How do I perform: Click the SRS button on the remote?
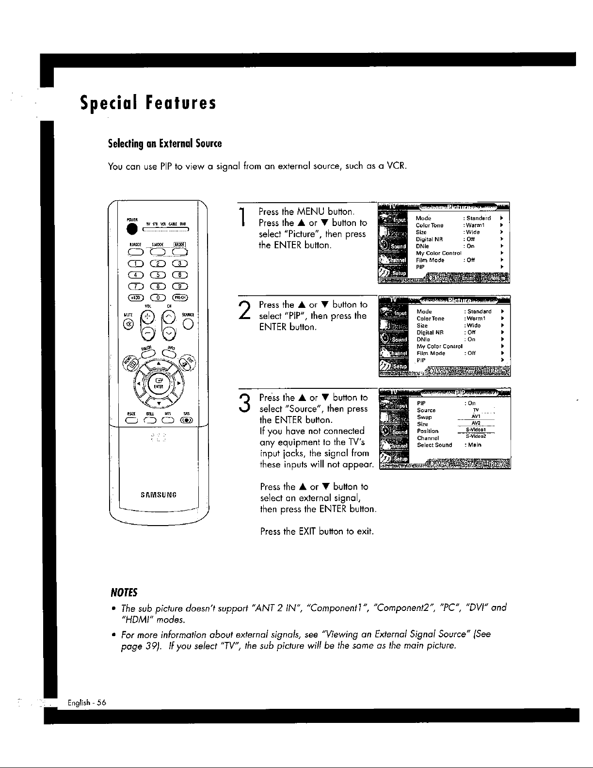(x=186, y=420)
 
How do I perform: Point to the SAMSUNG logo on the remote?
(x=158, y=495)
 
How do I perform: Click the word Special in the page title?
(x=108, y=103)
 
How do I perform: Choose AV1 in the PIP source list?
(x=475, y=416)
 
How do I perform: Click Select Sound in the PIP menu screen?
(x=434, y=445)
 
